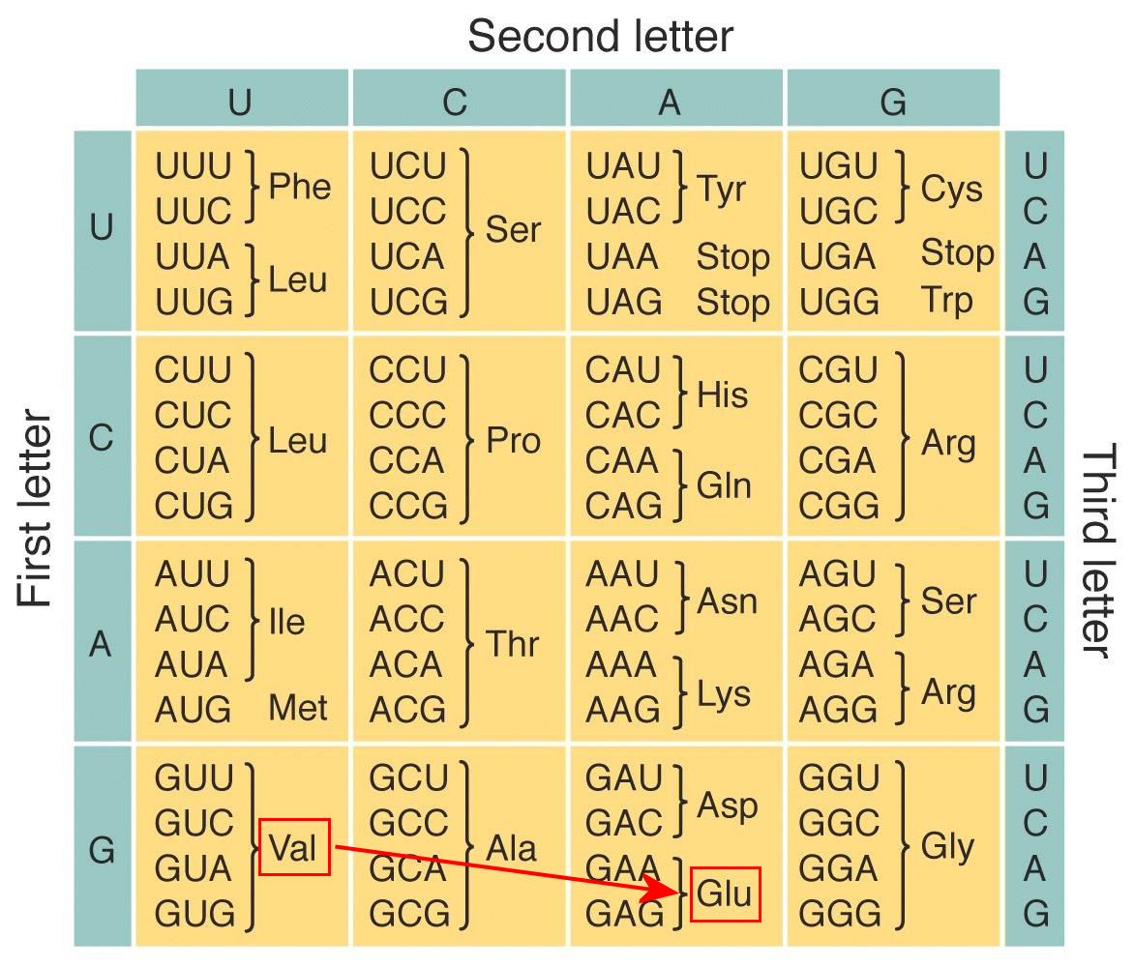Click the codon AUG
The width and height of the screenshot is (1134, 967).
coord(194,710)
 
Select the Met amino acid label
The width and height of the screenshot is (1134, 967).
coord(298,708)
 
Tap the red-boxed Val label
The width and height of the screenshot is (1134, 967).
coord(293,847)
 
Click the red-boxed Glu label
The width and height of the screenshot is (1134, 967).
coord(726,894)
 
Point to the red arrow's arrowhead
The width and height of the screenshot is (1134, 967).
coord(662,889)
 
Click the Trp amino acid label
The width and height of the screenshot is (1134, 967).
coord(946,302)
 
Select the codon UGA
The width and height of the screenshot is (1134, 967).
coord(838,256)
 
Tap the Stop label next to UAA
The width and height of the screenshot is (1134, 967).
coord(732,256)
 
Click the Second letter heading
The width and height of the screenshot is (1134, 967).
coord(600,36)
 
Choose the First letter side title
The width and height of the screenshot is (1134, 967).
coord(35,508)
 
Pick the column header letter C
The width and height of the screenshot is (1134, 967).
coord(455,102)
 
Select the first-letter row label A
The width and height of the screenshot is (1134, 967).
coord(101,643)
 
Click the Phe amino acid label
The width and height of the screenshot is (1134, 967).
coord(299,187)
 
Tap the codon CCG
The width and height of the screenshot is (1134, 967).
coord(408,506)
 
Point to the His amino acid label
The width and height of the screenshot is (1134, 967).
coord(722,395)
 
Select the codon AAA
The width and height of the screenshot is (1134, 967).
coord(621,664)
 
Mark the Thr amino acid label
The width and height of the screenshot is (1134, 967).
coord(512,643)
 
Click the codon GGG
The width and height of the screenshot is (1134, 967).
coord(840,914)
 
